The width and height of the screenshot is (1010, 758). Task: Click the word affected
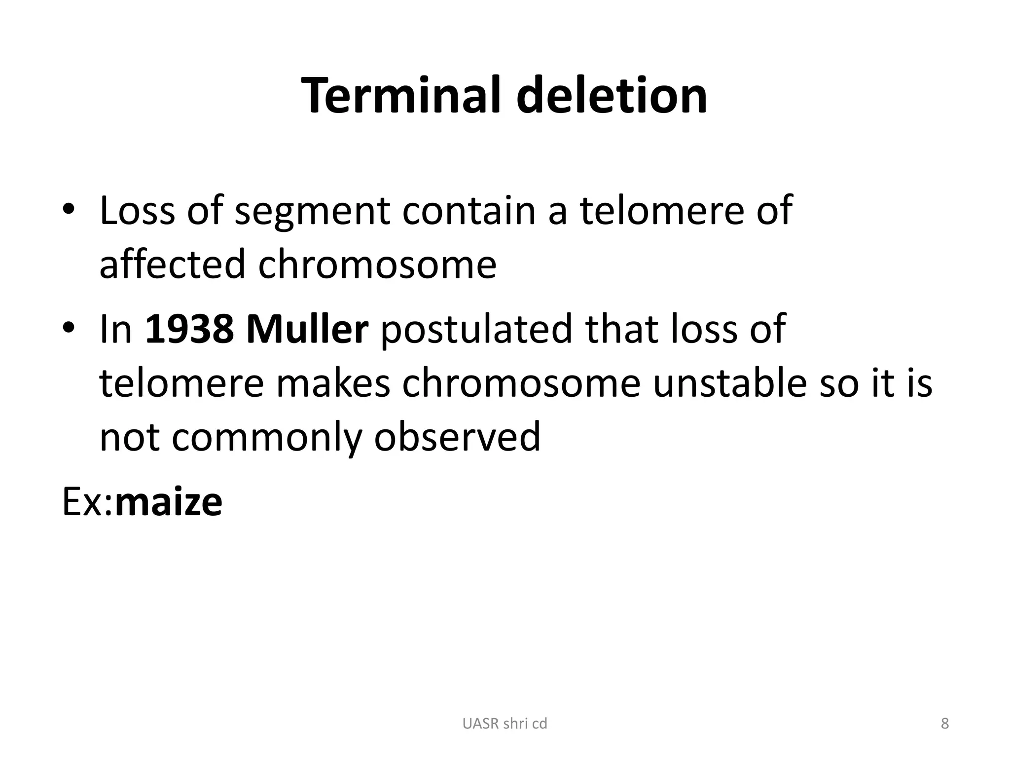[x=172, y=264]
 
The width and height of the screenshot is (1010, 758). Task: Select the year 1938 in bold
[x=189, y=329]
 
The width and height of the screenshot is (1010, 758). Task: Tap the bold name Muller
[x=307, y=329]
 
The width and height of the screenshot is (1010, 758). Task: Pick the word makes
[x=333, y=383]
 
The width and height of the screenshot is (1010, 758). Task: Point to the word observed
[x=457, y=437]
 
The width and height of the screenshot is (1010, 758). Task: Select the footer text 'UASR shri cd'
[x=505, y=723]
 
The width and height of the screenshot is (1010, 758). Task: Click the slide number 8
[x=944, y=723]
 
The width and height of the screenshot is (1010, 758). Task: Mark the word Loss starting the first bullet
[x=137, y=211]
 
